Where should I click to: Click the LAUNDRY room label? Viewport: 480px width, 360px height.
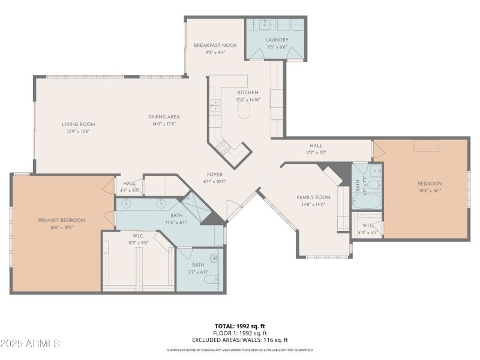point(276,40)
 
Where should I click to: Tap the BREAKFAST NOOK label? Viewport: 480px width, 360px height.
point(215,45)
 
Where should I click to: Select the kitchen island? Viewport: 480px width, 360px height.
point(244,110)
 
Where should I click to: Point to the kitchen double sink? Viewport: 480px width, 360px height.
point(215,106)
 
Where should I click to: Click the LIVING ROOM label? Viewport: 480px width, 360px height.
point(78,124)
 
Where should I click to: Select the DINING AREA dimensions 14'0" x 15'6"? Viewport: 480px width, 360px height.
point(164,124)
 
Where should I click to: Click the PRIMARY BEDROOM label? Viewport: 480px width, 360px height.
point(61,220)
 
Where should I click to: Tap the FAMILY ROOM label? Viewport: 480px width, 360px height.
point(313,197)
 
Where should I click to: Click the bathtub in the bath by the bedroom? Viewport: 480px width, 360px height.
point(366,199)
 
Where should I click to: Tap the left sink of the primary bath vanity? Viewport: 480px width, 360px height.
point(127,203)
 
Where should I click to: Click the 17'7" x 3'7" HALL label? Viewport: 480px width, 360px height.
point(316,145)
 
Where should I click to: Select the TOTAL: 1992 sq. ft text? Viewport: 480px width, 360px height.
point(239,326)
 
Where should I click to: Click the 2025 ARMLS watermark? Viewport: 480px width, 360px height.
point(30,344)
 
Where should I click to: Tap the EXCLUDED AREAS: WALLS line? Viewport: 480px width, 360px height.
point(239,340)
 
